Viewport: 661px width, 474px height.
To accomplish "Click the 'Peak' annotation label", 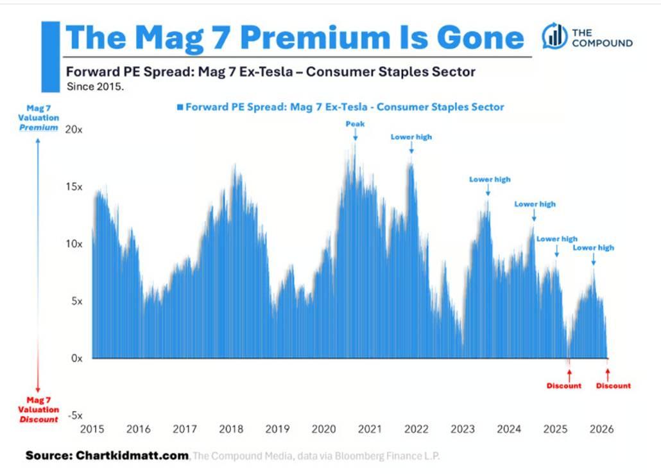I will click(x=355, y=123).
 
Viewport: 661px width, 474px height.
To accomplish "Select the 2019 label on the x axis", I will click(x=277, y=428).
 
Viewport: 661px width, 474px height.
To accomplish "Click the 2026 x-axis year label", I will click(x=601, y=428).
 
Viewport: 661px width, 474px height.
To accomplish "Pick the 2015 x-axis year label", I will click(x=92, y=428).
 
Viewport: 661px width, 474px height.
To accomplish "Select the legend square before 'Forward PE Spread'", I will click(x=180, y=107).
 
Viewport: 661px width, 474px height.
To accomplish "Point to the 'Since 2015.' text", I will click(x=95, y=85).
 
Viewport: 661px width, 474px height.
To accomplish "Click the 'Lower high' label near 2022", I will click(x=411, y=137).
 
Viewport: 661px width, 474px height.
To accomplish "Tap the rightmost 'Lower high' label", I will click(x=593, y=247).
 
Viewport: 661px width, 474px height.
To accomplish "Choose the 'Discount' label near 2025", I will click(x=563, y=386).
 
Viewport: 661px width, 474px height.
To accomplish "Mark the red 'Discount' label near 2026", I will click(x=613, y=386).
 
